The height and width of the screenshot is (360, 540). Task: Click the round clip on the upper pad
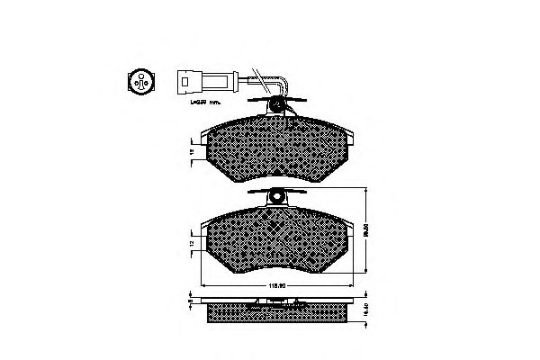[278, 106]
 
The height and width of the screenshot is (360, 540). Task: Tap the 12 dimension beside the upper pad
[192, 151]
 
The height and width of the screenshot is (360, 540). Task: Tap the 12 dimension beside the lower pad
[192, 243]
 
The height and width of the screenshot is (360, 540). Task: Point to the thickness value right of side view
[366, 309]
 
